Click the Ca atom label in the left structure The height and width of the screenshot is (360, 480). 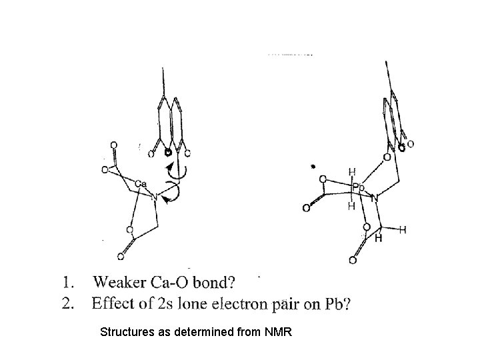[x=141, y=183]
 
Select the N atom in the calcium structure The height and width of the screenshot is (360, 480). [x=153, y=196]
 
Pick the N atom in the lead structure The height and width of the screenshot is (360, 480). [x=375, y=198]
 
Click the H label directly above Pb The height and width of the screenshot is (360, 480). [x=351, y=172]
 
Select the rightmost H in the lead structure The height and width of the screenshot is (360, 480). [x=402, y=229]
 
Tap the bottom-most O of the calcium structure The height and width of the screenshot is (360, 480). [x=121, y=254]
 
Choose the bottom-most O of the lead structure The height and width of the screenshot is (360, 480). [x=352, y=260]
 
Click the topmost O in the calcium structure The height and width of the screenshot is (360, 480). [x=113, y=144]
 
